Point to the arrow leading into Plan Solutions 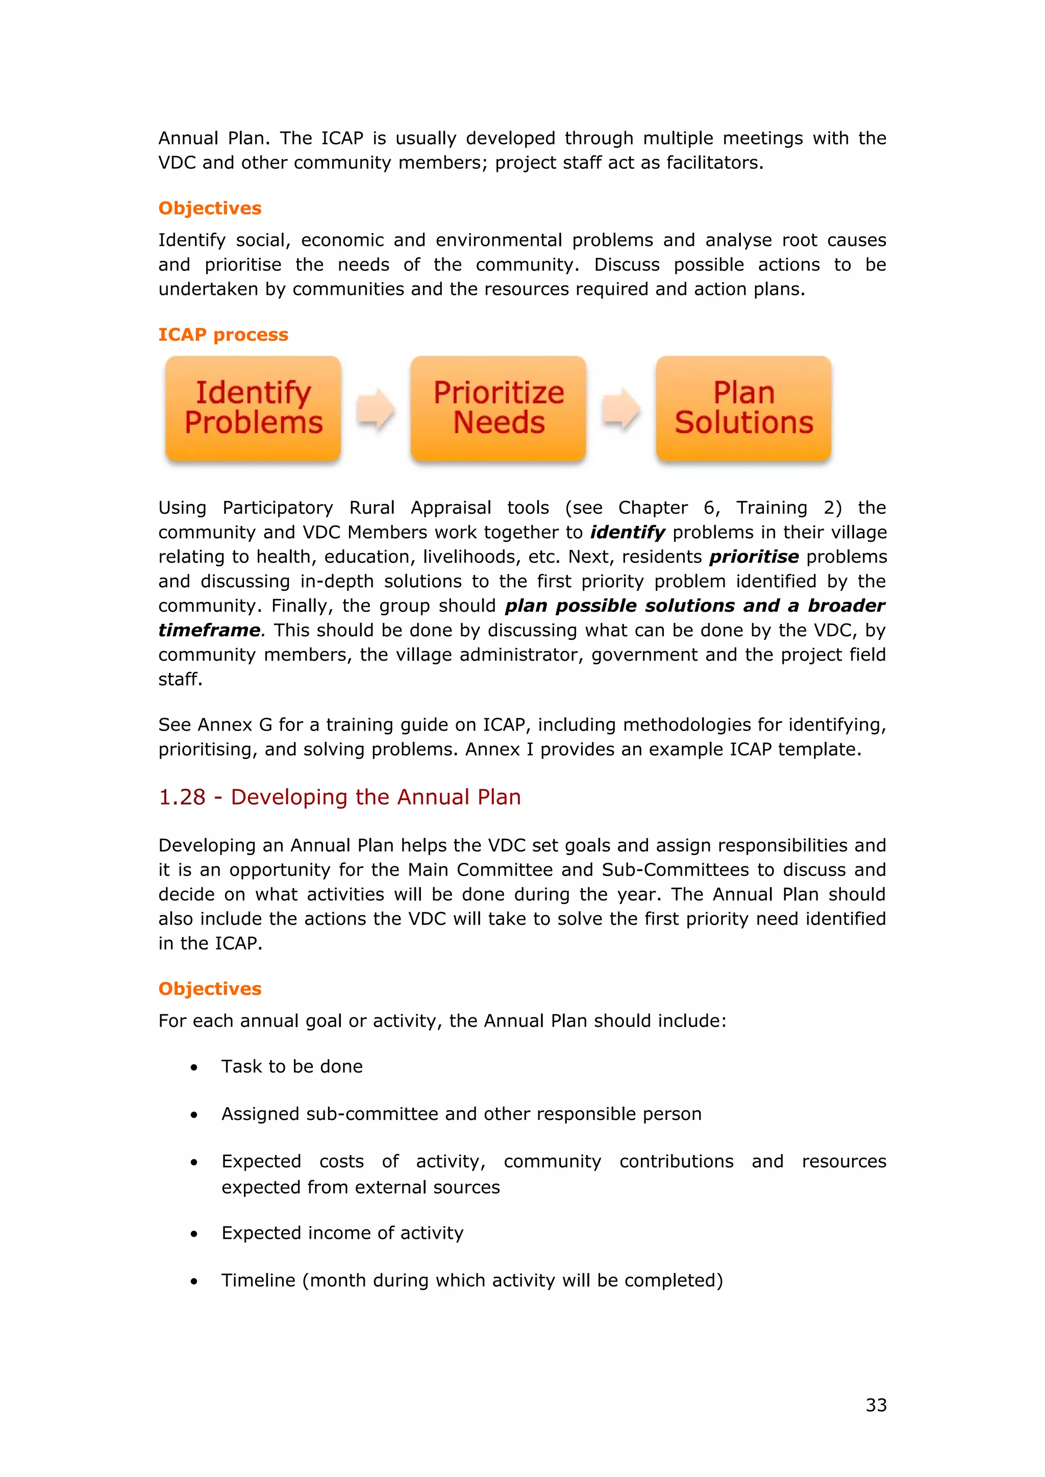click(x=621, y=409)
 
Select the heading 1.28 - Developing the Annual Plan click(x=339, y=797)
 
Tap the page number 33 click(x=876, y=1405)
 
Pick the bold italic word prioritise click(x=754, y=557)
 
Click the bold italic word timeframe click(x=209, y=630)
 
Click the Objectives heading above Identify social click(x=210, y=209)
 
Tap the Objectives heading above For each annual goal click(x=210, y=989)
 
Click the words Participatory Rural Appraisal click(x=357, y=508)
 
